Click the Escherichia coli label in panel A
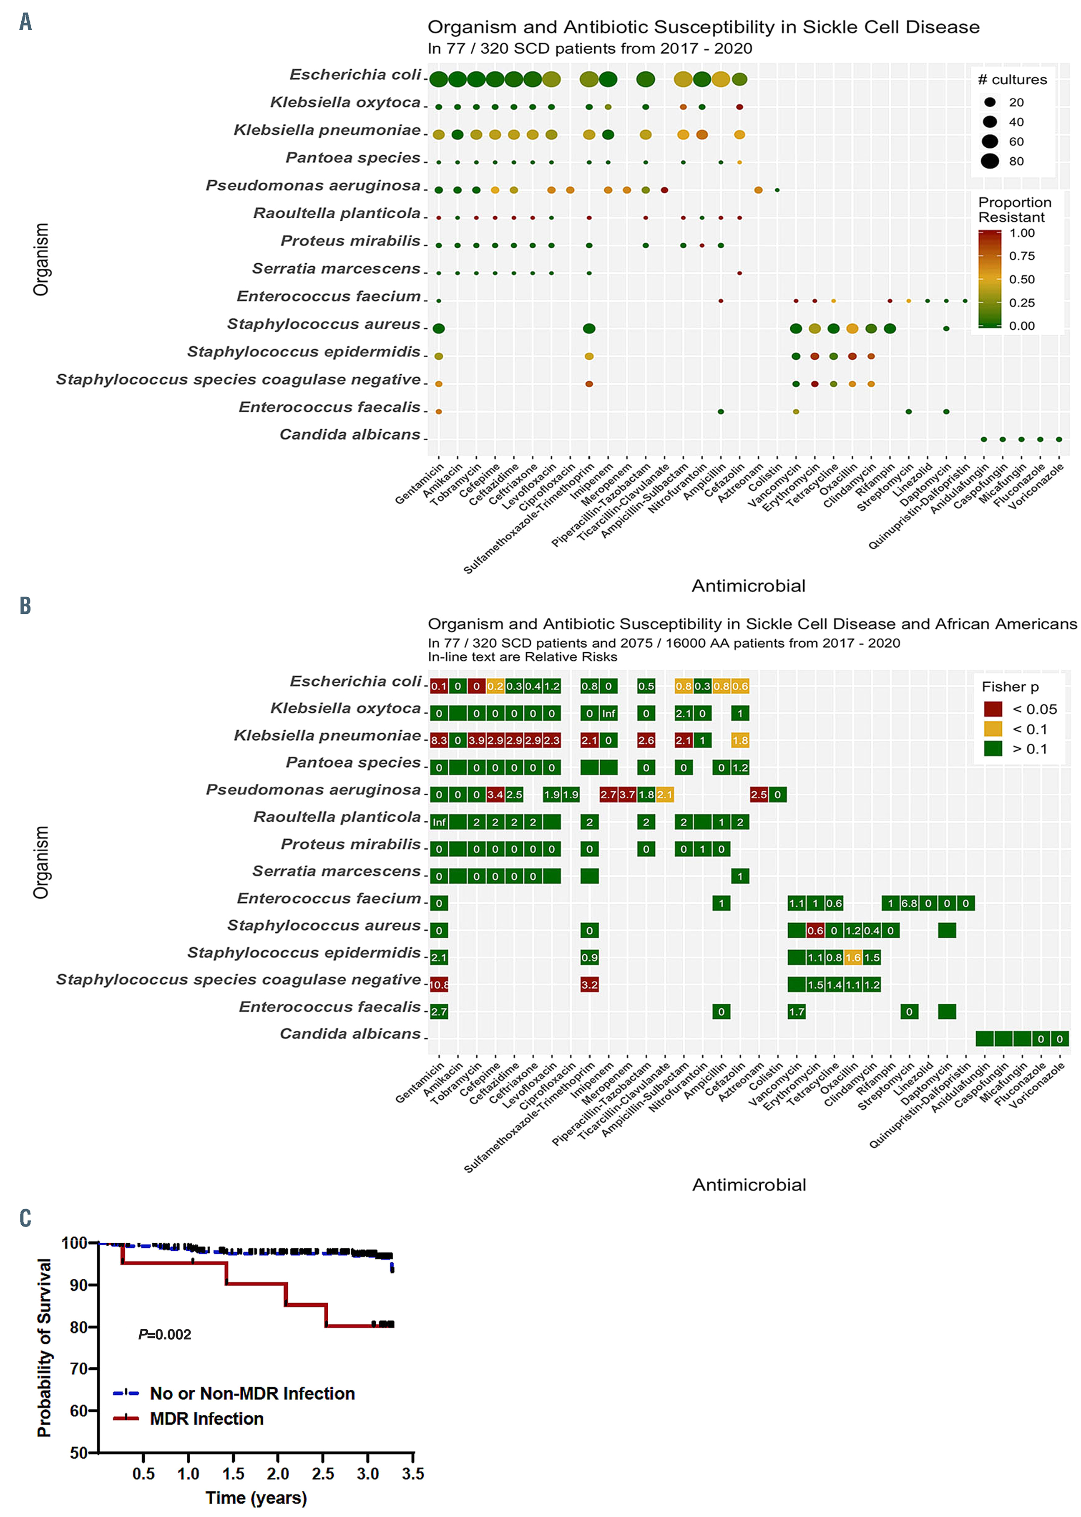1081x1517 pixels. coord(355,75)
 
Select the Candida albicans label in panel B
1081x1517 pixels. coord(350,1034)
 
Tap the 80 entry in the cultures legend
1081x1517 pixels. coord(1016,161)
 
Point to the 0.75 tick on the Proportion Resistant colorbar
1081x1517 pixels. coord(1022,256)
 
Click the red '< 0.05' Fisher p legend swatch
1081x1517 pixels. coord(993,709)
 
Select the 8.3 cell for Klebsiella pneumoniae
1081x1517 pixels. coord(439,740)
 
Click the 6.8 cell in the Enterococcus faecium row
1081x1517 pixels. coord(909,903)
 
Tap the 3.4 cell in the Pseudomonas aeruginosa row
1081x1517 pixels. coord(495,795)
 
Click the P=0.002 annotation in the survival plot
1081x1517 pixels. coord(164,1335)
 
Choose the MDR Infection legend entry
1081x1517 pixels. coord(206,1419)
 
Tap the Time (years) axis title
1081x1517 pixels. coord(256,1498)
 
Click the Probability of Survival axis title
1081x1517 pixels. coord(44,1348)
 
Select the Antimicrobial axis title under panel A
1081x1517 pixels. coord(749,586)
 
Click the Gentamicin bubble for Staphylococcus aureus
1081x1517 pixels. coord(439,328)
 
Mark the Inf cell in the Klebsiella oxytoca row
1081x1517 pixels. coord(608,713)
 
